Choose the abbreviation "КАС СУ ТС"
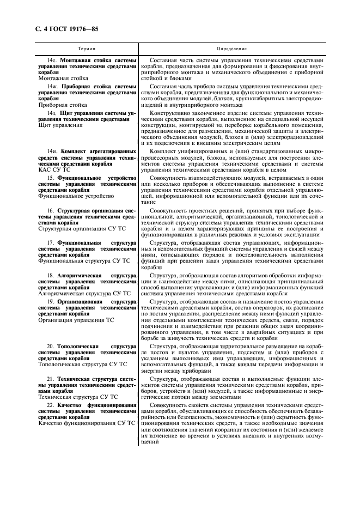click(x=54, y=170)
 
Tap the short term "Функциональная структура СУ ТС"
click(x=81, y=260)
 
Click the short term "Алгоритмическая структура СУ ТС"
click(x=84, y=293)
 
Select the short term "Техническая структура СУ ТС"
click(x=78, y=397)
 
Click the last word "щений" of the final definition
click(x=150, y=441)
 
